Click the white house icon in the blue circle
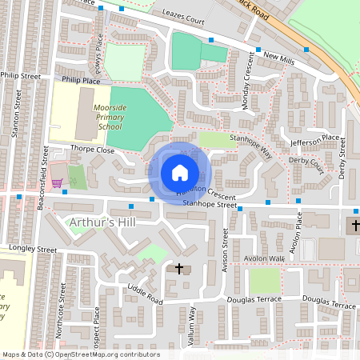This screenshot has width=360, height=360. point(180,172)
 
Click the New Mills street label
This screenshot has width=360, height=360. point(279,58)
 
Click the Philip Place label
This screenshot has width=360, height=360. point(79,81)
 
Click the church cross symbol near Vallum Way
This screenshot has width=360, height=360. point(179,270)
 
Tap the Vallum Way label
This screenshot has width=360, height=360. point(193,328)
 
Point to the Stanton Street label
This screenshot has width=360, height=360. point(17,116)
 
